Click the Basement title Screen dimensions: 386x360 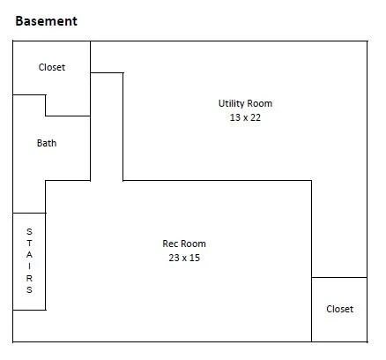pos(46,21)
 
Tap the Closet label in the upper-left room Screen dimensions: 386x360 pos(52,67)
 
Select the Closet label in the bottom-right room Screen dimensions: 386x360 pos(339,309)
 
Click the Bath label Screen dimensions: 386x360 pos(47,143)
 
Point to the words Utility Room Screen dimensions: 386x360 pos(245,103)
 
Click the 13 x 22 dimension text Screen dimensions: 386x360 pos(245,117)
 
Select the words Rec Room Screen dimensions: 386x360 pos(184,244)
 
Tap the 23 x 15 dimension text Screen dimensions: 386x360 pos(184,258)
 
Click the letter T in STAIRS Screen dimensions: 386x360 pos(29,244)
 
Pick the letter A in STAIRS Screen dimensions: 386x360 pos(29,255)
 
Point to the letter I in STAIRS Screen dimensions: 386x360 pos(29,266)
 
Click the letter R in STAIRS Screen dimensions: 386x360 pos(29,278)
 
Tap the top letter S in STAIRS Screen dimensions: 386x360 pos(29,231)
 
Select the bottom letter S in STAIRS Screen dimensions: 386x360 pos(29,289)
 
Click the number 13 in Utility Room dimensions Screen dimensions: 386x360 pos(235,117)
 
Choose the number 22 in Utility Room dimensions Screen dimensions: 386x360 pos(256,117)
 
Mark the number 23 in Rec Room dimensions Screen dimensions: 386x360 pos(174,258)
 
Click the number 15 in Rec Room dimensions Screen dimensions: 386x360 pos(195,258)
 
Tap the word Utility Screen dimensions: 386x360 pos(231,104)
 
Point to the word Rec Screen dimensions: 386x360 pos(170,244)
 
